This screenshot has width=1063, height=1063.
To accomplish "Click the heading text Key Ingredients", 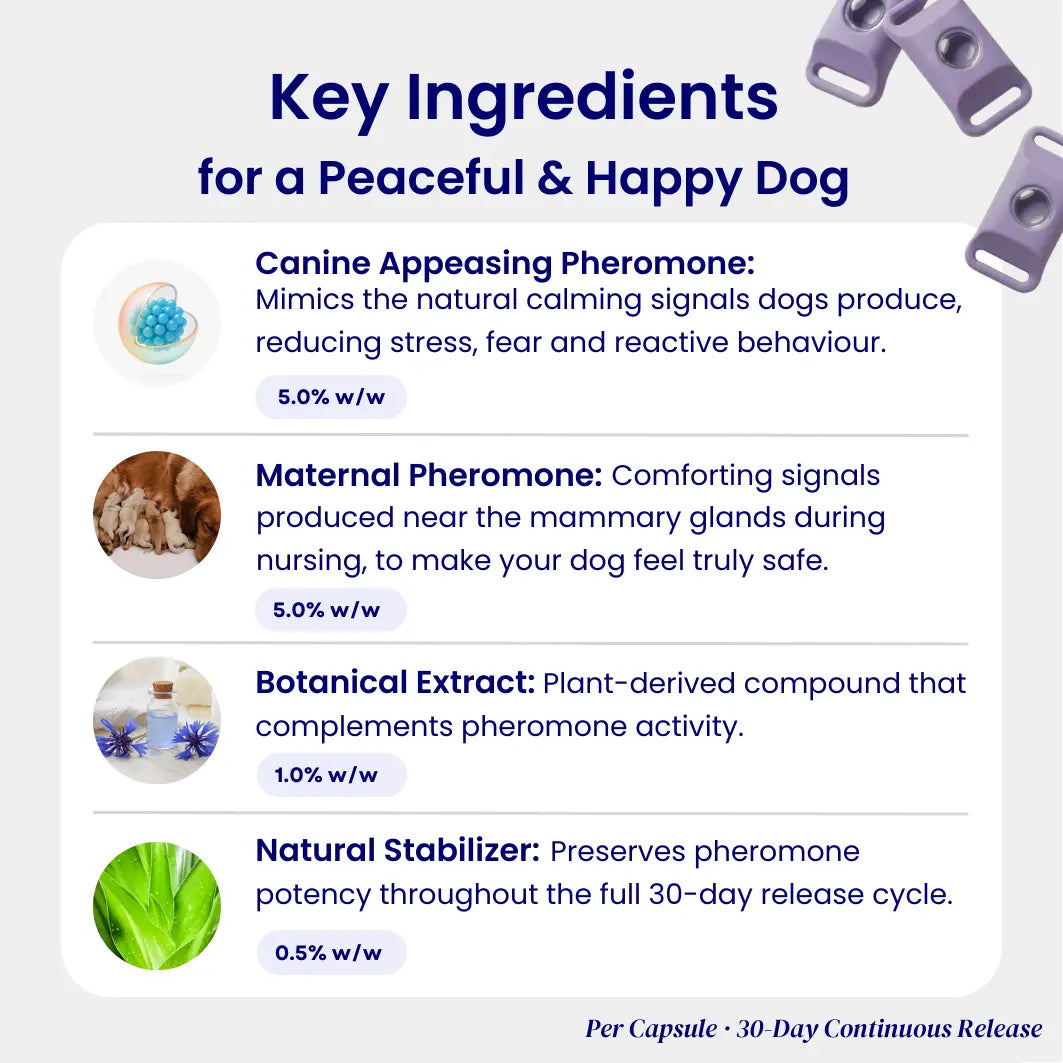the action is [523, 99].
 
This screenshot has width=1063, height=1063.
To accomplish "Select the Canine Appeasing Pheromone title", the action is [505, 264].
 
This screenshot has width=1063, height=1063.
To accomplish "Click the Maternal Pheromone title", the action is [429, 475].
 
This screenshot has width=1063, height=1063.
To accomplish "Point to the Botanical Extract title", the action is [396, 683].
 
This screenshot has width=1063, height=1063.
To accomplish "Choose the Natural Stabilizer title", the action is [398, 851].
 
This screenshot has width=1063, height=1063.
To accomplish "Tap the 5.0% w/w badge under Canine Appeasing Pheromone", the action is [331, 397].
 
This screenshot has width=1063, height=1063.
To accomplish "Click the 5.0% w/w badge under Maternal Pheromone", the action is [331, 609].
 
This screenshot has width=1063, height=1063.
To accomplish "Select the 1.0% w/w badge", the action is [332, 775].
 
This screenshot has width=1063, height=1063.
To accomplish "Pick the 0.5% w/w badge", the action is [332, 952].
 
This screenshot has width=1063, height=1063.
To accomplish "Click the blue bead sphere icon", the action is [158, 323].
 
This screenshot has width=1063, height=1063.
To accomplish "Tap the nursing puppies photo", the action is [157, 515].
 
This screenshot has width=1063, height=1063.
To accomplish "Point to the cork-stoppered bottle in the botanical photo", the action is [163, 717].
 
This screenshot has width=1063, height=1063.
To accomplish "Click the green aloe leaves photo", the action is [157, 906].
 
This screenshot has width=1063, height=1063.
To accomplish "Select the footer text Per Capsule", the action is [651, 1029].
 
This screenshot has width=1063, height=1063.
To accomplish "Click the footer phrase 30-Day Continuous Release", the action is [889, 1029].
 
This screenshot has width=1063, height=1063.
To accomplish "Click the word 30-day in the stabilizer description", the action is [700, 896].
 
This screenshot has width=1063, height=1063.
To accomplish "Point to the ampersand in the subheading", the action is [555, 178].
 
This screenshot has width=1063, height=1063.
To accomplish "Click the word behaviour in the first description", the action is [811, 342].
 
